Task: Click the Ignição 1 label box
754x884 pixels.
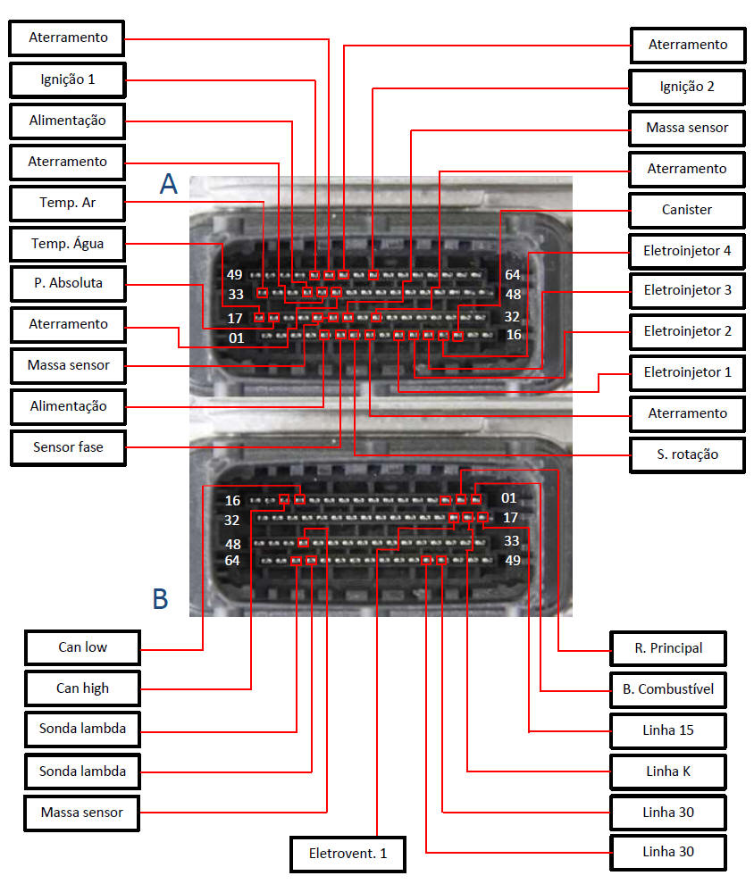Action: (68, 79)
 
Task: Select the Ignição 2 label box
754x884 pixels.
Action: (687, 87)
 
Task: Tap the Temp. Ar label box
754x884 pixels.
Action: (68, 203)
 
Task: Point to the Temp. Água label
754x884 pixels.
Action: (68, 243)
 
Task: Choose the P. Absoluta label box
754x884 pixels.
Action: (68, 283)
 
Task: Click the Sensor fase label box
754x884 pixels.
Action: (68, 446)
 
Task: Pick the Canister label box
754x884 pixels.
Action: (687, 210)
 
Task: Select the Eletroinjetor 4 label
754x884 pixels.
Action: (687, 251)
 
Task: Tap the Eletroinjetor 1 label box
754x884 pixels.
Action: (687, 372)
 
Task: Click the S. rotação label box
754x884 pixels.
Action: (687, 455)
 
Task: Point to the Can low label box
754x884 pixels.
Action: (82, 647)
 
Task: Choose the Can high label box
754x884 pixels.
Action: (82, 688)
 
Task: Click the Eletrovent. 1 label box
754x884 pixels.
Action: (348, 854)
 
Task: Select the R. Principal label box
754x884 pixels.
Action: (667, 648)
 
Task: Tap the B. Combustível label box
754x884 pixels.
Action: (667, 689)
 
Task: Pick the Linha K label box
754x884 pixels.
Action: (667, 771)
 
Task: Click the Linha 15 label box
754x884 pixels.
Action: (667, 730)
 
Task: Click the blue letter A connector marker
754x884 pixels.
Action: (169, 184)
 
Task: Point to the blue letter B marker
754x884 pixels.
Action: (161, 598)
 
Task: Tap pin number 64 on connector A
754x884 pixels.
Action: (512, 274)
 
